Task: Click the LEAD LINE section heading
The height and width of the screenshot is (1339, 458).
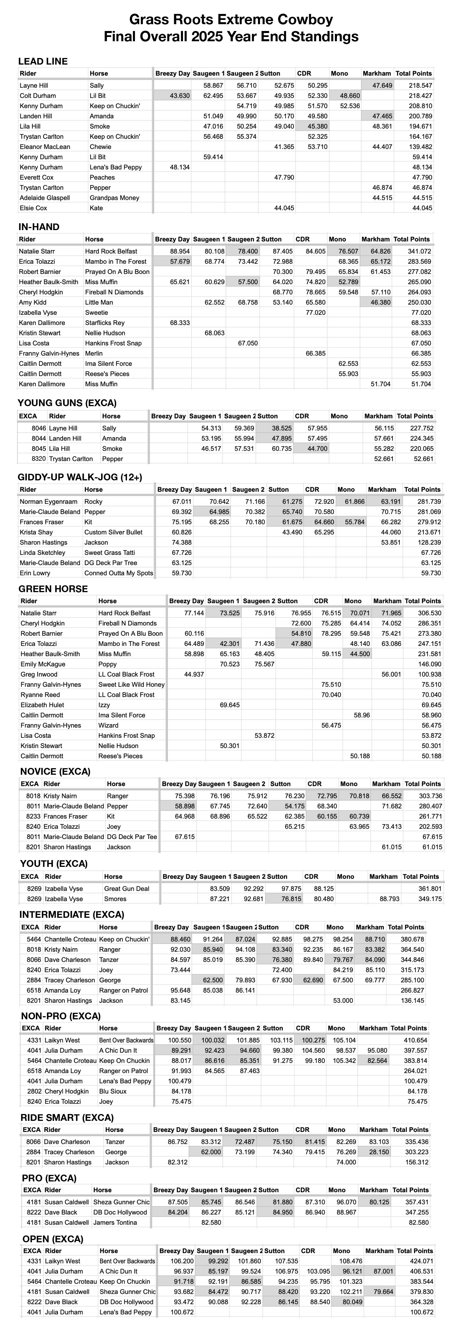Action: (x=43, y=61)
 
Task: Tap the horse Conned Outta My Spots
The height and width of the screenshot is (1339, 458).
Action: (x=118, y=573)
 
